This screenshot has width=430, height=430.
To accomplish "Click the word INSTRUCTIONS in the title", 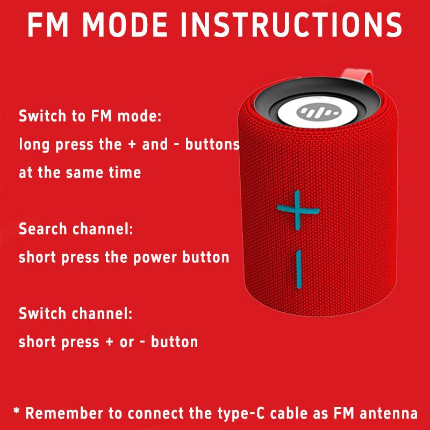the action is click(x=291, y=25).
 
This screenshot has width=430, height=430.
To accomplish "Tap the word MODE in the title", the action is click(x=125, y=25).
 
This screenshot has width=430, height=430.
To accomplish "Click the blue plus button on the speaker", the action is click(x=298, y=210).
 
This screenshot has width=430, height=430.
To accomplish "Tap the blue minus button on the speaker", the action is click(x=299, y=269).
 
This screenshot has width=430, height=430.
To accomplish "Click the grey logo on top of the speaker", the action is click(x=319, y=112).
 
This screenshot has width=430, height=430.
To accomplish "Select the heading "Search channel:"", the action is click(x=76, y=229).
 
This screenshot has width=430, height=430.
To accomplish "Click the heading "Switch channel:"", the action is click(x=76, y=313).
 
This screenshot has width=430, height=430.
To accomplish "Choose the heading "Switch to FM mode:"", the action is click(x=90, y=116).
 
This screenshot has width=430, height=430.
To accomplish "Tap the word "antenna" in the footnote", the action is click(x=389, y=413).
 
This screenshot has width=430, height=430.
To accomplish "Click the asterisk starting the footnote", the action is click(x=17, y=411).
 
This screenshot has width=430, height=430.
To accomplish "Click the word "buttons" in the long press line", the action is click(x=212, y=144).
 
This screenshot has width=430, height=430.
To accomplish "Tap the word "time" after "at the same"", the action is click(x=125, y=173).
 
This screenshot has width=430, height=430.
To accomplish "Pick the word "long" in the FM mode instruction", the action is click(x=34, y=145).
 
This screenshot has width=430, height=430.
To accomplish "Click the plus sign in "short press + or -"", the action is click(x=110, y=342).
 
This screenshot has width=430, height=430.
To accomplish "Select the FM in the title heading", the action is click(x=47, y=25).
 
